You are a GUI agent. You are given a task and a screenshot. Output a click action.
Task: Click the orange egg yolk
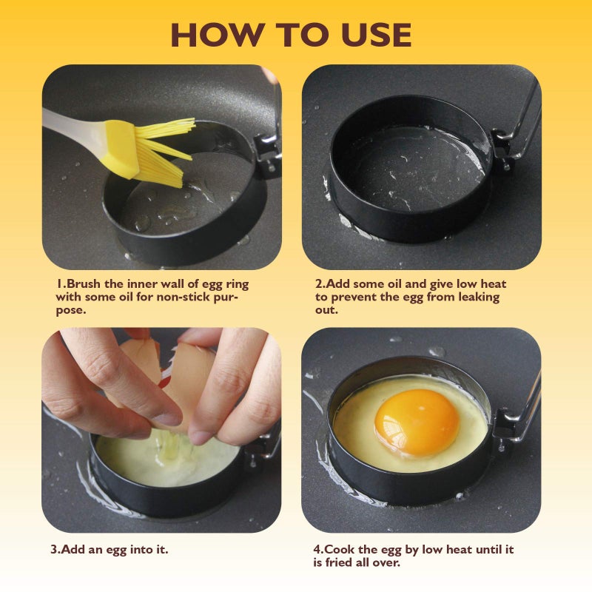tap(417, 422)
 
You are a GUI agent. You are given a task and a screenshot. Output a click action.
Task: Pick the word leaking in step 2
tap(476, 297)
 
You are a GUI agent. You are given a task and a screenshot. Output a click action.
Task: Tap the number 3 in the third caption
tap(54, 550)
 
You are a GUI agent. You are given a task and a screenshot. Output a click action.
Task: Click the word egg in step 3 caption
tap(123, 550)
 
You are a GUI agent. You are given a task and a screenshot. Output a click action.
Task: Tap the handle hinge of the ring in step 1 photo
tap(264, 144)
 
